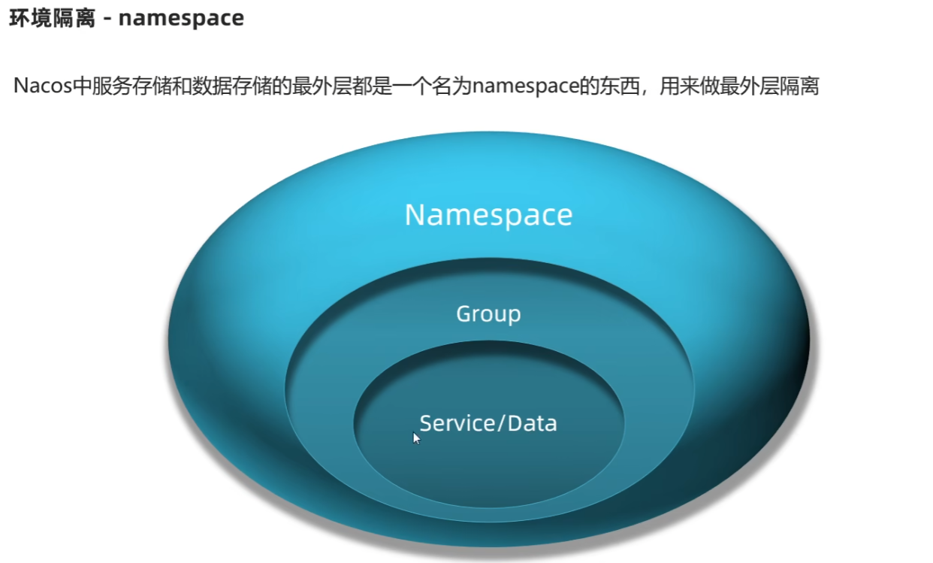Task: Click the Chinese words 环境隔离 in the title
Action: tap(52, 17)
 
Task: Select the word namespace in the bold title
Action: tap(181, 17)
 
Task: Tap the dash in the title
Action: tap(107, 18)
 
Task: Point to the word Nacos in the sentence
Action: tap(41, 86)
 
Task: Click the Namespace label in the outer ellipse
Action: tap(488, 215)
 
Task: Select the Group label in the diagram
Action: tap(488, 314)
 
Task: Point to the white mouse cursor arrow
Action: tap(416, 438)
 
